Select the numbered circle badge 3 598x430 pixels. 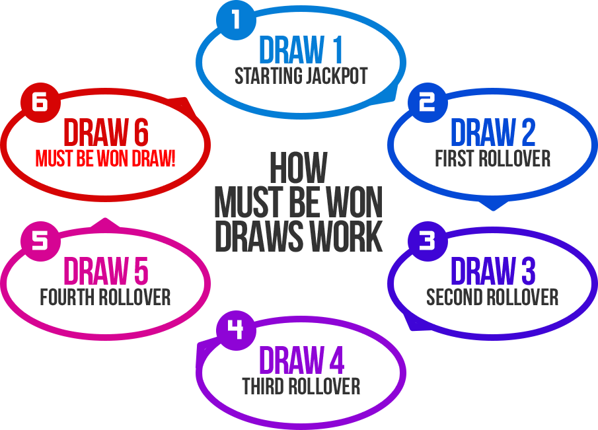click(428, 240)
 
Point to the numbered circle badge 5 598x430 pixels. click(40, 240)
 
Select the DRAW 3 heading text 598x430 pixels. click(492, 271)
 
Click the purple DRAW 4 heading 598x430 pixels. click(301, 360)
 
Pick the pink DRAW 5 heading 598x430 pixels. click(106, 271)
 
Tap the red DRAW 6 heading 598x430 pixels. click(106, 133)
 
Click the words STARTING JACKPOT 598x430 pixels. click(301, 75)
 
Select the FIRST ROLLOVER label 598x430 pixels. click(492, 158)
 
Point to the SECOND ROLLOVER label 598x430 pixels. click(492, 297)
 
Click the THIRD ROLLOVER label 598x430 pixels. click(301, 386)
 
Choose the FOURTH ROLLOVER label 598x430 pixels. click(106, 297)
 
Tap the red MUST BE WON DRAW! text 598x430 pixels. click(106, 159)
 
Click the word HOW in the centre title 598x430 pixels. click(298, 168)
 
